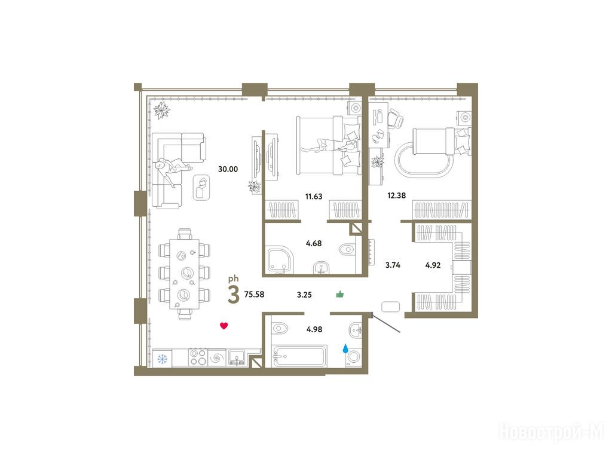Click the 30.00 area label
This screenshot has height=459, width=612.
pyautogui.click(x=228, y=169)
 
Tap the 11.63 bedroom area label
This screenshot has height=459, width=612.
pyautogui.click(x=314, y=196)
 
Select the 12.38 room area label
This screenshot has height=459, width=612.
pyautogui.click(x=397, y=195)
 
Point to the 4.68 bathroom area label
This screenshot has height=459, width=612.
pyautogui.click(x=314, y=244)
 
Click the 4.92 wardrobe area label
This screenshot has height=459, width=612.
pyautogui.click(x=433, y=265)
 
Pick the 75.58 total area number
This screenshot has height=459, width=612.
pyautogui.click(x=254, y=295)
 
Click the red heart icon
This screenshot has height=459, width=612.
pyautogui.click(x=224, y=326)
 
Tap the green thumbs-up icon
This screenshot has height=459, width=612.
pyautogui.click(x=340, y=294)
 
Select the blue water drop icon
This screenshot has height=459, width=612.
pyautogui.click(x=345, y=348)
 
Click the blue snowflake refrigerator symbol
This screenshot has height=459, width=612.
pyautogui.click(x=162, y=359)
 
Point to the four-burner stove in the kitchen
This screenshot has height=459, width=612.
pyautogui.click(x=198, y=357)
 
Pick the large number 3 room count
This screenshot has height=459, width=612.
pyautogui.click(x=234, y=295)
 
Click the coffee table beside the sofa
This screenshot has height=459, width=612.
pyautogui.click(x=202, y=187)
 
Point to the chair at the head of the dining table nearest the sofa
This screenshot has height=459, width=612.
pyautogui.click(x=185, y=234)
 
